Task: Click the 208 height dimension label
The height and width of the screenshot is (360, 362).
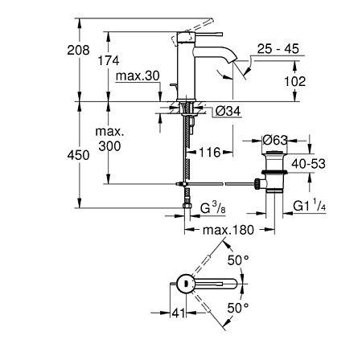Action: coord(78,50)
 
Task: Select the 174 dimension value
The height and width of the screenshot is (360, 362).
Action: coord(109,60)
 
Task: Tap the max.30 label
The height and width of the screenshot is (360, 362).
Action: coord(138,76)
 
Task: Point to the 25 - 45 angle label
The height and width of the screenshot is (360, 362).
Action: coord(278,49)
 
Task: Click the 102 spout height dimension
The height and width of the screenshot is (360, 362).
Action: coord(295,81)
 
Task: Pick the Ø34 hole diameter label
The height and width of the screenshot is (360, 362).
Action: coord(228,111)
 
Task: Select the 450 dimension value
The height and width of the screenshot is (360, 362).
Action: coord(78,155)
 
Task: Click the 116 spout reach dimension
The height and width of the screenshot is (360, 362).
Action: coord(210,153)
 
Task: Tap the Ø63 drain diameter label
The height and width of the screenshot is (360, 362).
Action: coord(275,140)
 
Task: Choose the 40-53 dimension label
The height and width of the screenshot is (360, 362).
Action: coord(309,164)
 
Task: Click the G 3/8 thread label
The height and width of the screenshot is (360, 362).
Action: coord(213,207)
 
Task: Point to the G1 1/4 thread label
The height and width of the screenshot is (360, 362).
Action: coord(310,206)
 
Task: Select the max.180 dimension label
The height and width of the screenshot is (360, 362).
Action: coord(228,230)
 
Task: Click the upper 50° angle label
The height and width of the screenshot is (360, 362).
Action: coord(238,260)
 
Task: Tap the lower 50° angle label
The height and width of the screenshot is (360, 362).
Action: coord(238,308)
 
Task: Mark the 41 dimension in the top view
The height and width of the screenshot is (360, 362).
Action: coord(179,313)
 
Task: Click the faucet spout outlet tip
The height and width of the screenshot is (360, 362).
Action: coord(233,61)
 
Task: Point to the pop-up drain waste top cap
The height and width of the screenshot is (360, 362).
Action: coord(274,153)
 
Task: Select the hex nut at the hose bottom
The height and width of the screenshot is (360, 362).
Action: coord(187,206)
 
